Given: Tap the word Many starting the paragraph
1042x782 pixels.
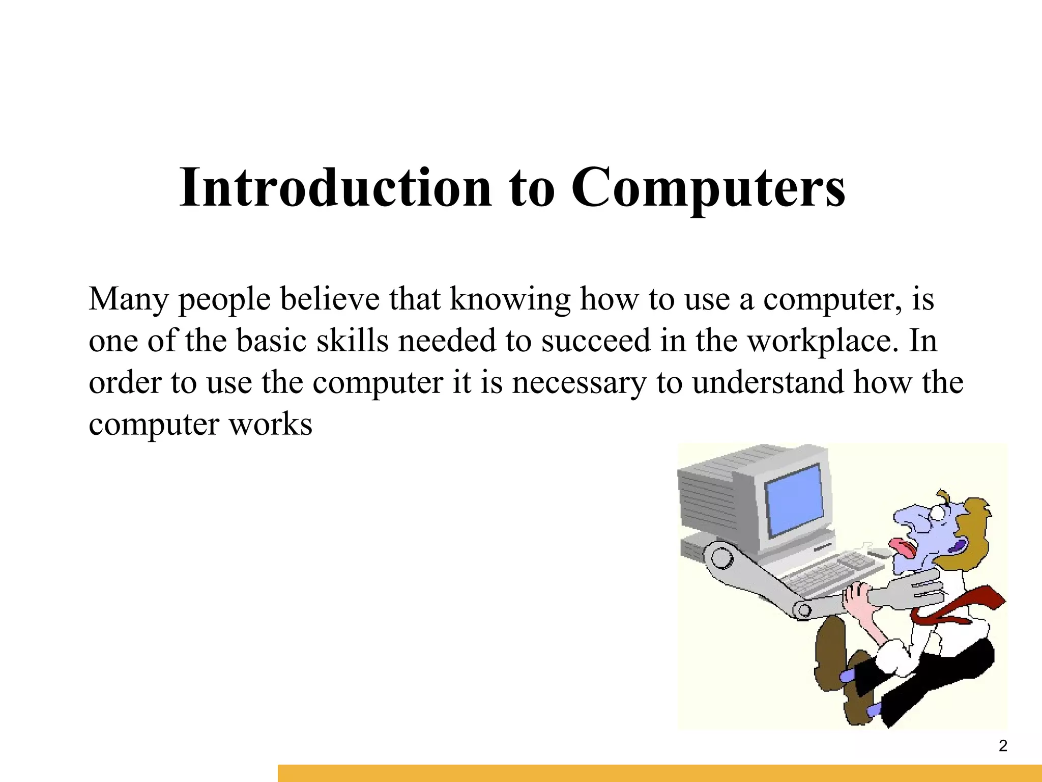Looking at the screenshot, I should click(128, 299).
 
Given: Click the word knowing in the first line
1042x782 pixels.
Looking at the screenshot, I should click(509, 299).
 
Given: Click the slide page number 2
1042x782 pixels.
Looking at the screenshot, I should click(1003, 746).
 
